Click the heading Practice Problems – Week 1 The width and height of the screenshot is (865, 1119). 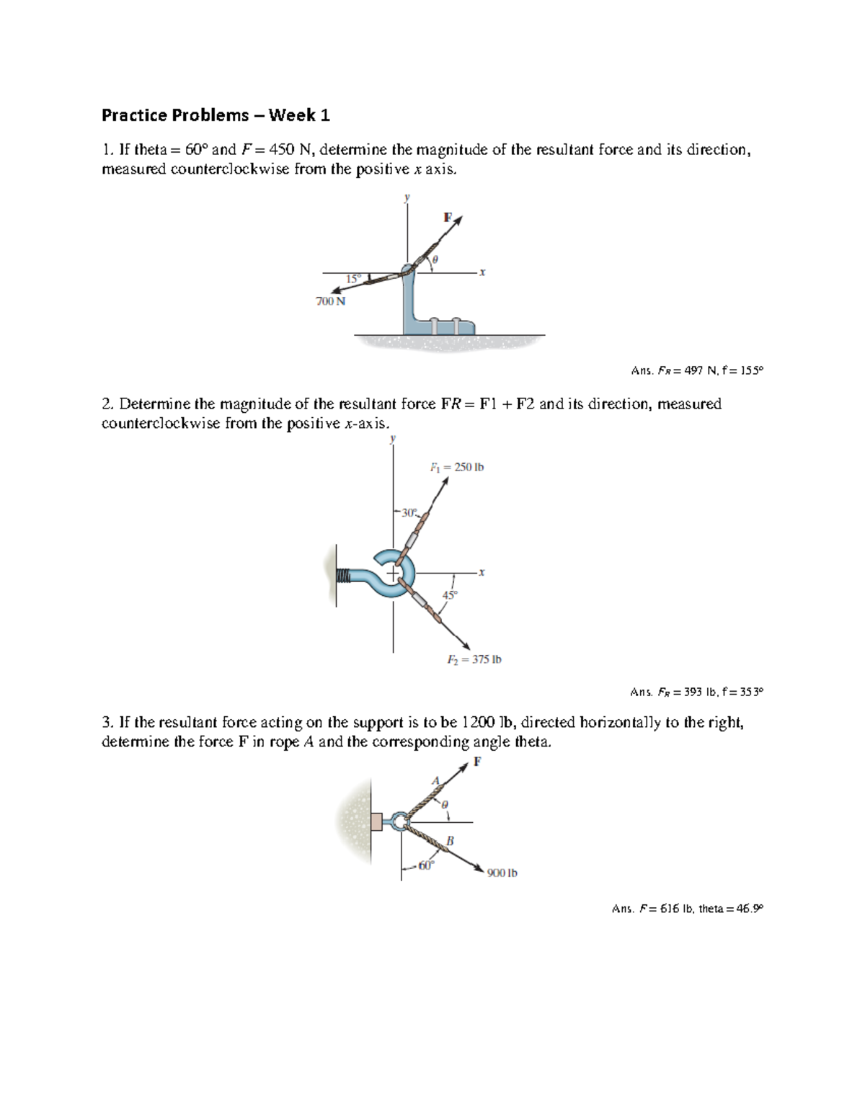216,115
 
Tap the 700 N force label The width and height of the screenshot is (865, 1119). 330,301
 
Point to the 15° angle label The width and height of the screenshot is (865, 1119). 352,279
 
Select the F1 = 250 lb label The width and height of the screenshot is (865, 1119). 457,467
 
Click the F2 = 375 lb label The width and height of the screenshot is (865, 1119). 474,659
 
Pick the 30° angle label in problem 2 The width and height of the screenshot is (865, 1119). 409,513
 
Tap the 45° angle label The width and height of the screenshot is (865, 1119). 450,595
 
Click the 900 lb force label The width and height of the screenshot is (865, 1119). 502,873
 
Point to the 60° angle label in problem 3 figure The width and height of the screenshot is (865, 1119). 427,865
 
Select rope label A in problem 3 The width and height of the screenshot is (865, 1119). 435,780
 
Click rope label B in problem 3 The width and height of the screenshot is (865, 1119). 450,840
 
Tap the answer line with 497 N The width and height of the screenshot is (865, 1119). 696,370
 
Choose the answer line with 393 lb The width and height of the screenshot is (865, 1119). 696,692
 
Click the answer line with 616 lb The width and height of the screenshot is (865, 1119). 687,909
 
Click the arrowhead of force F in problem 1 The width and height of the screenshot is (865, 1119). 458,220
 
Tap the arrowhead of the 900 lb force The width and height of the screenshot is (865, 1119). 479,868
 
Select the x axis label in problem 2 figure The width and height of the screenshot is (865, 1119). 482,572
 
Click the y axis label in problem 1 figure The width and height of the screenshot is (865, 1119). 407,197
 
